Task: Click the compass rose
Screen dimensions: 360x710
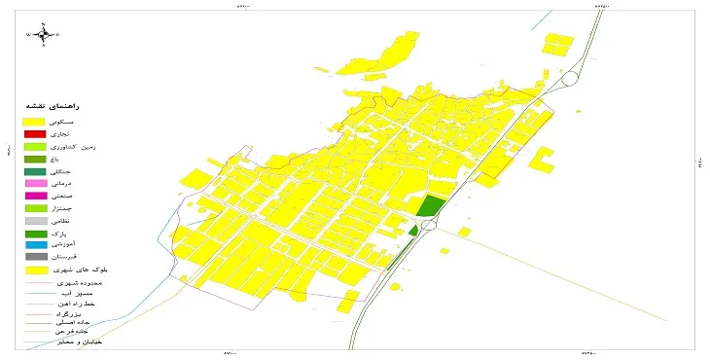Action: click(x=44, y=34)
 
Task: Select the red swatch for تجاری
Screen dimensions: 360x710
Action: click(x=35, y=133)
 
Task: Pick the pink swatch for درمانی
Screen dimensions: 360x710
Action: click(x=35, y=184)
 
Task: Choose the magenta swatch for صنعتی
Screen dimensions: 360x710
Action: click(x=35, y=197)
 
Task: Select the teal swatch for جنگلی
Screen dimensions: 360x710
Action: click(x=35, y=171)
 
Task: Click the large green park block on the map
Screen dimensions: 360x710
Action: click(x=429, y=205)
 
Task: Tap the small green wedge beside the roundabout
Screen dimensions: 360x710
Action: click(x=413, y=231)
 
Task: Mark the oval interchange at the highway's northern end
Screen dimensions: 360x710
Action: click(x=571, y=77)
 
